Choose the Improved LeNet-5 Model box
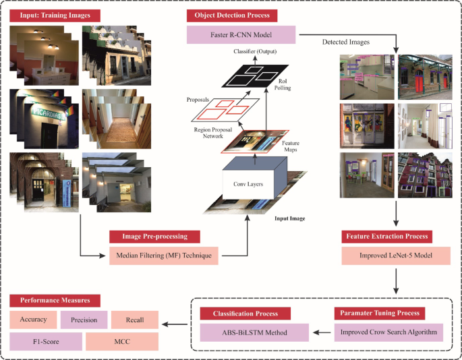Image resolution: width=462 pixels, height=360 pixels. [x=386, y=256]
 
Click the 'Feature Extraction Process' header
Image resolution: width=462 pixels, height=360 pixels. [x=386, y=237]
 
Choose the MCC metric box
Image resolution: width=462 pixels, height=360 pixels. [x=121, y=341]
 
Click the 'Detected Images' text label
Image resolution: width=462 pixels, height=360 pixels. [x=345, y=42]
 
